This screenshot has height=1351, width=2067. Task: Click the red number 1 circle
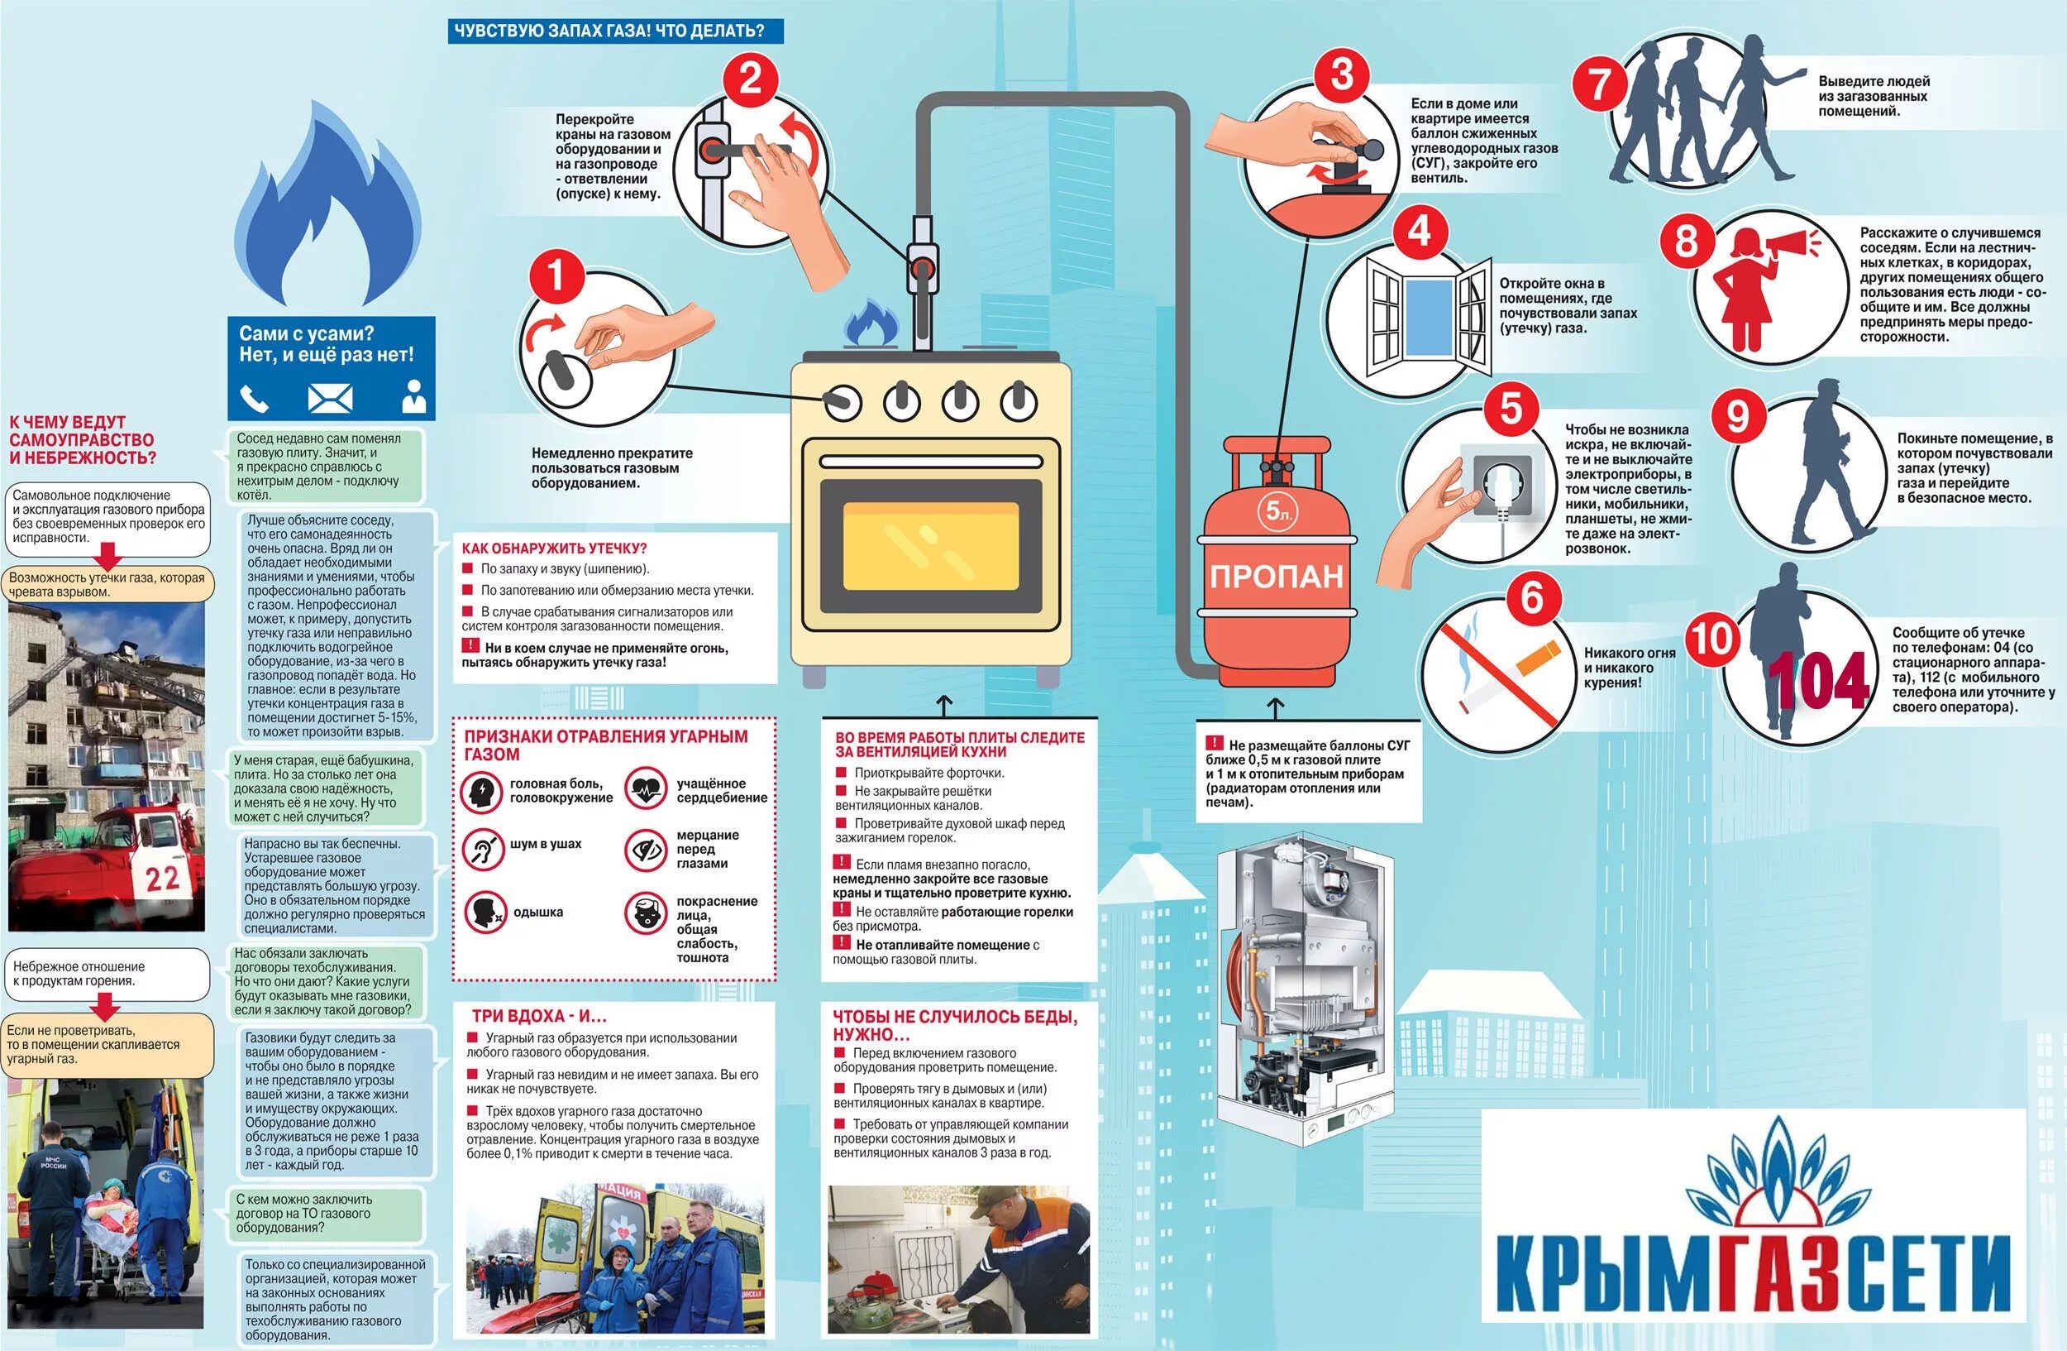tap(556, 277)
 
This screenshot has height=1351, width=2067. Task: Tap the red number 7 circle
tap(1599, 85)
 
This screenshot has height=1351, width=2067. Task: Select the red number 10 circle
tap(1711, 640)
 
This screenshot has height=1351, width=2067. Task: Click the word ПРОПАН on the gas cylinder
tap(1276, 577)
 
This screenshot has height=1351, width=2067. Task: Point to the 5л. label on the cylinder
tap(1278, 512)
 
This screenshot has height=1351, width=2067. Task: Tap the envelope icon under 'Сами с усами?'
tap(330, 399)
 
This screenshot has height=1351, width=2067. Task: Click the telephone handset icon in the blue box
tap(254, 399)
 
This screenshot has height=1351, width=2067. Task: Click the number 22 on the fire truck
tap(162, 878)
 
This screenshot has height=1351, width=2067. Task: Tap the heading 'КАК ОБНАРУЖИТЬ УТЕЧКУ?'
tap(554, 549)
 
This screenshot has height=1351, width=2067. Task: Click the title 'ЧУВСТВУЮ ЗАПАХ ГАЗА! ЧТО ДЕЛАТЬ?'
tap(609, 31)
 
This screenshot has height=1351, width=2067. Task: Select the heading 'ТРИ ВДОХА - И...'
tap(538, 1016)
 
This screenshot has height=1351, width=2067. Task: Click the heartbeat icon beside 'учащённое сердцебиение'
tap(645, 790)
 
